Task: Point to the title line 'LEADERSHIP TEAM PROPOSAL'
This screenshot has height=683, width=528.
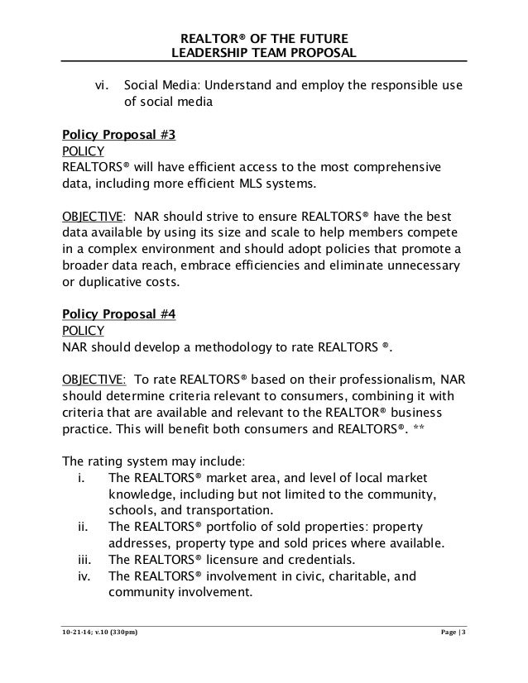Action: (x=263, y=55)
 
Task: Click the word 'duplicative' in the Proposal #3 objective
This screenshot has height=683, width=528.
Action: (x=113, y=282)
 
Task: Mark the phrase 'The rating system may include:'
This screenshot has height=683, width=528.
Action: (x=152, y=461)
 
